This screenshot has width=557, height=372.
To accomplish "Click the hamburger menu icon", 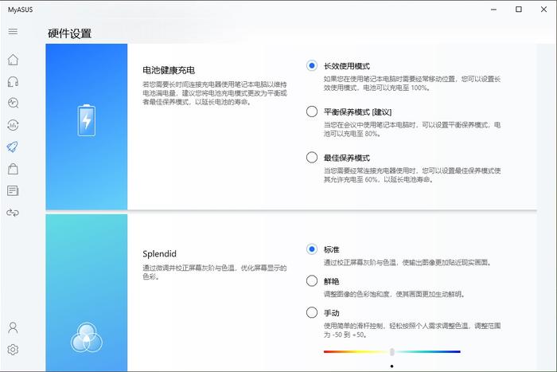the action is coord(13,31).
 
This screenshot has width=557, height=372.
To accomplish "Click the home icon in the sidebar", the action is coord(13,60).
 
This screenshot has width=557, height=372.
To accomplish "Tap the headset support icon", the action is coord(13,82).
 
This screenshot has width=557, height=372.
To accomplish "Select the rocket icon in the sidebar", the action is coord(13,147).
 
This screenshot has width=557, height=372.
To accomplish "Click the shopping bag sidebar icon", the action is coord(13,169).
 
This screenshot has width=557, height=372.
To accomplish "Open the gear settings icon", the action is coord(13,350).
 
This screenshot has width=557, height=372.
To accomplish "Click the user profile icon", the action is coord(13,327).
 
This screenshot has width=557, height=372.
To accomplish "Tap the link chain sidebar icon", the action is coord(13,213).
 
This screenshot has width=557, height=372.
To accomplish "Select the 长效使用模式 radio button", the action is coord(312,65).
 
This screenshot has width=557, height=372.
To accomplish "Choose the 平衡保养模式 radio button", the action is coord(312,112).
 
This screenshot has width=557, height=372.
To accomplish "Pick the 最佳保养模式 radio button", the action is coord(312,157).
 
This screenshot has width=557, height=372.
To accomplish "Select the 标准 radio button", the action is coord(312,249).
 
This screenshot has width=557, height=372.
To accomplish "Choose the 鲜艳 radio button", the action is coord(312,281).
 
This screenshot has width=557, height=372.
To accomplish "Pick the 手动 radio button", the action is coord(312,312).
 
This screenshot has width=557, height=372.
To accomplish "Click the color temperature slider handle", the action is coord(391,352).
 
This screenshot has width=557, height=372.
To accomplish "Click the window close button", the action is coord(543,10).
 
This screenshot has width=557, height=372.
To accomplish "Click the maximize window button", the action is coord(519,10).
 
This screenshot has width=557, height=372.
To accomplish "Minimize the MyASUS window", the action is coord(494,10).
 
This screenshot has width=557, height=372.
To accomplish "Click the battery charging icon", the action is coord(86,120).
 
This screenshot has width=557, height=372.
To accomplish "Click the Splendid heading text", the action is coord(159,253).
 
